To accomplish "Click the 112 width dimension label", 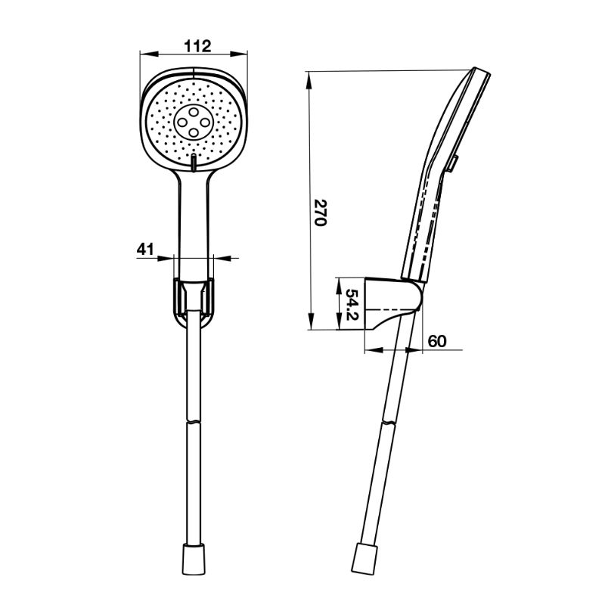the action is click(197, 46).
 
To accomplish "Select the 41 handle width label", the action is click(145, 249).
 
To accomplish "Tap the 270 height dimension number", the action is click(320, 213).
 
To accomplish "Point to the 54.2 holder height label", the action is click(352, 305).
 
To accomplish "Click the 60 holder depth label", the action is click(437, 341).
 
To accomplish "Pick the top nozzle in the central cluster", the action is click(194, 112).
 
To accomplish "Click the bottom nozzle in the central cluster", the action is click(193, 134).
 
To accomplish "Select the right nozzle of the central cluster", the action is click(204, 123).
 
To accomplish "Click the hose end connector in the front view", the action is click(193, 555).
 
